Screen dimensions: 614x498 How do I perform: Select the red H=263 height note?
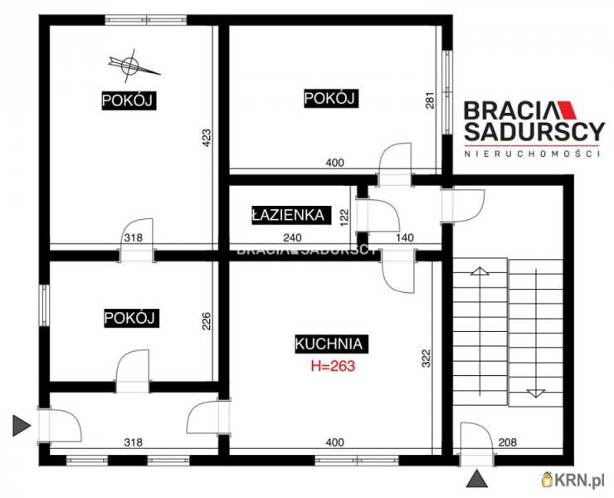tap(333, 366)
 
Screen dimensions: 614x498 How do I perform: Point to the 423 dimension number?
tap(207, 139)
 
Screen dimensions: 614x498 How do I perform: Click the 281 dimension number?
tap(430, 100)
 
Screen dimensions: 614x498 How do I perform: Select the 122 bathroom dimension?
tap(344, 217)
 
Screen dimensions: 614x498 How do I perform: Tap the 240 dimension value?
tap(293, 238)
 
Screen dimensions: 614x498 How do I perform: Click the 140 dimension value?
tap(405, 238)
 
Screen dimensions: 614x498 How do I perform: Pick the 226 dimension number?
tap(207, 321)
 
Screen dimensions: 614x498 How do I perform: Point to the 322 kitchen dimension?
tap(426, 358)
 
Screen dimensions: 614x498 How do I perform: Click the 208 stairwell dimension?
tap(508, 442)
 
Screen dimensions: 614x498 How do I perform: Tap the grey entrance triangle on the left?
tap(22, 426)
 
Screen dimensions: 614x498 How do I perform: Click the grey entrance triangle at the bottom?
tap(477, 479)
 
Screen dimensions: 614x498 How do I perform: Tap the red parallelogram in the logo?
tap(568, 110)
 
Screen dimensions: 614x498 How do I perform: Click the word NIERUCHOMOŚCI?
tap(532, 154)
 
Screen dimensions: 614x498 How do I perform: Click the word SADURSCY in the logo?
tap(534, 132)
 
